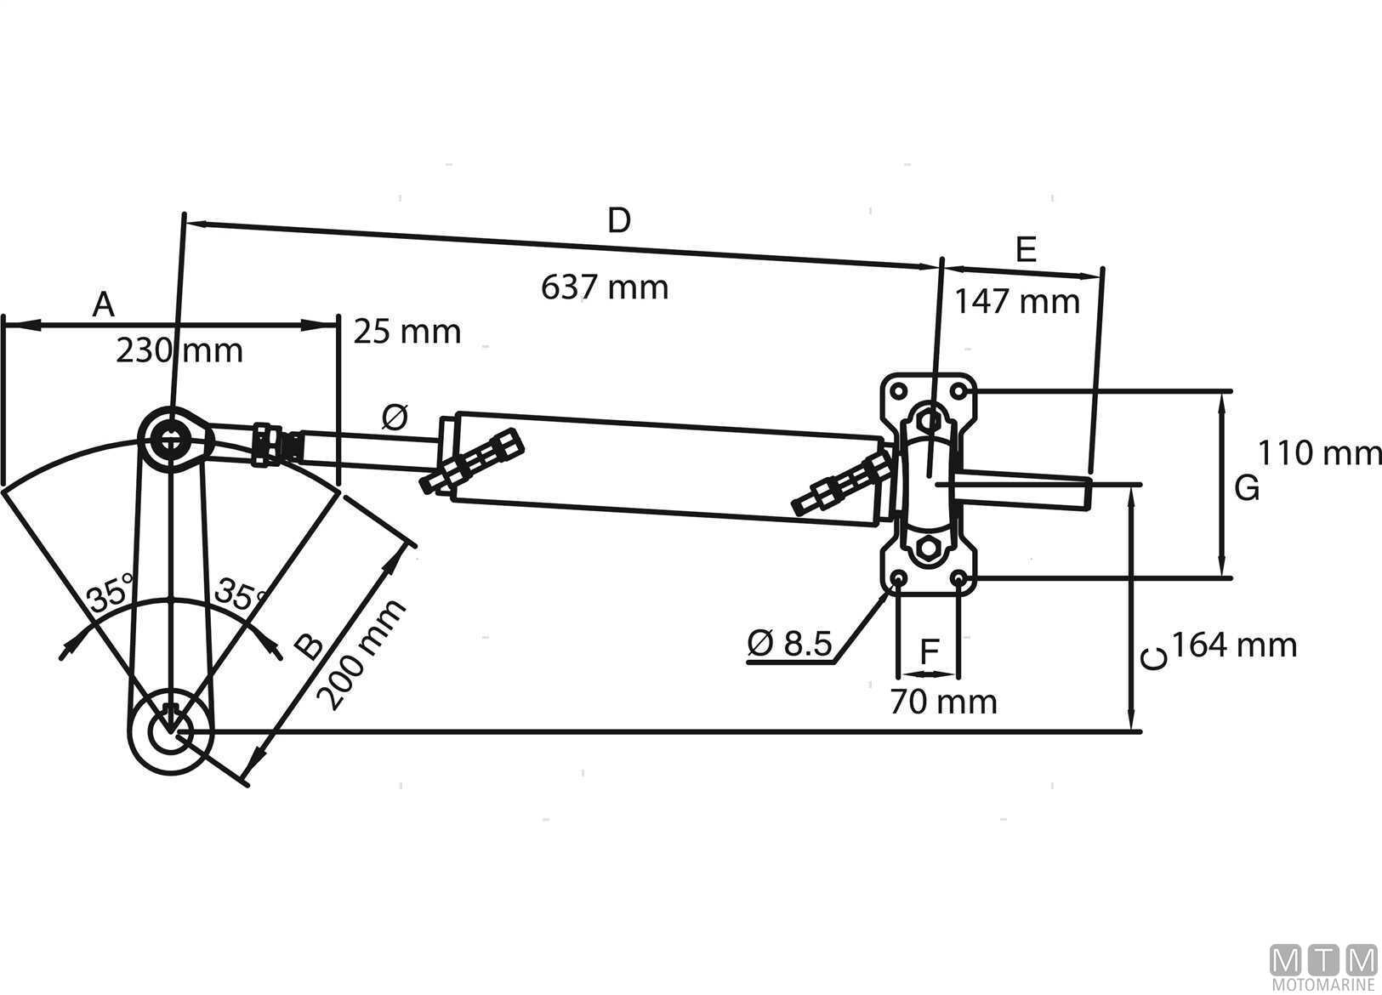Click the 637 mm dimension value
pyautogui.click(x=605, y=287)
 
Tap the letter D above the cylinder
pyautogui.click(x=619, y=221)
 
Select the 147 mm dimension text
pyautogui.click(x=1016, y=301)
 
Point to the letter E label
pyautogui.click(x=1027, y=250)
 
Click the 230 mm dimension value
pyautogui.click(x=179, y=350)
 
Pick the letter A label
pyautogui.click(x=103, y=304)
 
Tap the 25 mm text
pyautogui.click(x=407, y=332)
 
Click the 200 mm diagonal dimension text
pyautogui.click(x=361, y=655)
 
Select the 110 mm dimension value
pyautogui.click(x=1319, y=452)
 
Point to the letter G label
pyautogui.click(x=1246, y=489)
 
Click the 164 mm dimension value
pyautogui.click(x=1235, y=645)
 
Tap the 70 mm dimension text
pyautogui.click(x=943, y=702)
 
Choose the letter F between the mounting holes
pyautogui.click(x=930, y=652)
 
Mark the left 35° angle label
pyautogui.click(x=111, y=593)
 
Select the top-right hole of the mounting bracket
pyautogui.click(x=960, y=391)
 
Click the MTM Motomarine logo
pyautogui.click(x=1323, y=968)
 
